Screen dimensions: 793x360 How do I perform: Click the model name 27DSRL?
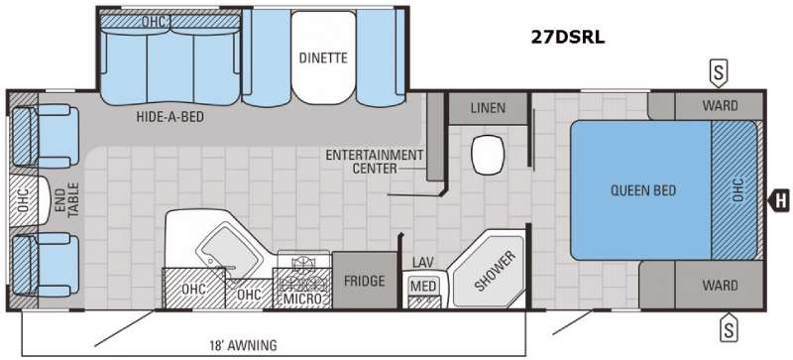pyautogui.click(x=567, y=38)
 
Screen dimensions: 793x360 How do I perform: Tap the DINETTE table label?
pyautogui.click(x=323, y=58)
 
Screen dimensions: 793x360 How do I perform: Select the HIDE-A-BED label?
pyautogui.click(x=170, y=117)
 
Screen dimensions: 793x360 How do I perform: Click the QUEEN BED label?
pyautogui.click(x=643, y=190)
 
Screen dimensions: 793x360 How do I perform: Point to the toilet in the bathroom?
pyautogui.click(x=487, y=156)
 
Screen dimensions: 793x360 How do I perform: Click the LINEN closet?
pyautogui.click(x=488, y=108)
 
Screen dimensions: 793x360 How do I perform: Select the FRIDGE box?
pyautogui.click(x=364, y=280)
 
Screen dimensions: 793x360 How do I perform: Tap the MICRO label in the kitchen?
pyautogui.click(x=302, y=299)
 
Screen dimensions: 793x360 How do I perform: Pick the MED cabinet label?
pyautogui.click(x=423, y=286)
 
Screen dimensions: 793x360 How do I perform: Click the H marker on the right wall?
pyautogui.click(x=779, y=201)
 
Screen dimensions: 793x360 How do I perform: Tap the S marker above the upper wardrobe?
pyautogui.click(x=718, y=74)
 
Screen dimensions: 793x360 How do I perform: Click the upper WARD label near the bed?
pyautogui.click(x=720, y=106)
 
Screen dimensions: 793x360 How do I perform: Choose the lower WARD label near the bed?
pyautogui.click(x=720, y=285)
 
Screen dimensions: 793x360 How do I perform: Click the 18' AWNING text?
pyautogui.click(x=244, y=346)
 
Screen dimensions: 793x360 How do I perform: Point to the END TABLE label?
pyautogui.click(x=66, y=200)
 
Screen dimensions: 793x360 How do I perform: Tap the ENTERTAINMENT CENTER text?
pyautogui.click(x=374, y=162)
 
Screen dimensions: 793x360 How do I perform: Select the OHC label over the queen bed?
pyautogui.click(x=737, y=189)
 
